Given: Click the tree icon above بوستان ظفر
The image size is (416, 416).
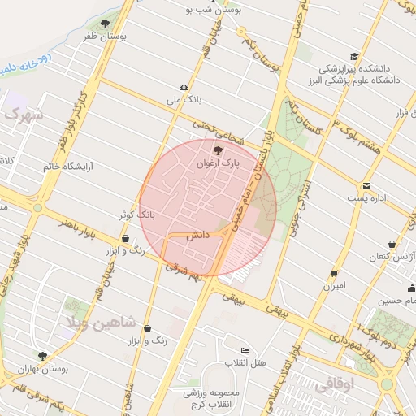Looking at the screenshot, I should coord(105,24).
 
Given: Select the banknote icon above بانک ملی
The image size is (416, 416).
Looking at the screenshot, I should coord(184,87).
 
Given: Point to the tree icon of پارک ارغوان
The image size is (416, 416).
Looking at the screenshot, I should coord(216,150).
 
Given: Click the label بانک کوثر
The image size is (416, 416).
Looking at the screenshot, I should coord(136,214).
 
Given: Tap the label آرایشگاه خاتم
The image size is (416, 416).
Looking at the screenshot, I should coord(69,166).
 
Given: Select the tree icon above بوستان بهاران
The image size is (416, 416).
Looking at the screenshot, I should coord(42,355).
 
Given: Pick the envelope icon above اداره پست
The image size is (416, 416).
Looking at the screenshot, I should coord(367,186).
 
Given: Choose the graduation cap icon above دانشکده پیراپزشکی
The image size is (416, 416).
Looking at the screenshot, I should coord(353,56).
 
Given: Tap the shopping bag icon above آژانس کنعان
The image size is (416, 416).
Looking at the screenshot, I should coord(392,244).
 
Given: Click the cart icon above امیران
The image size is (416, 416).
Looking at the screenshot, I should coord(334,274).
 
